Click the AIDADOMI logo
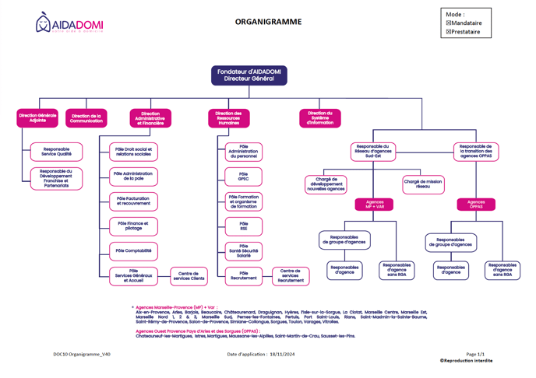pyautogui.click(x=69, y=23)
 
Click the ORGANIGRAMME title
pyautogui.click(x=268, y=22)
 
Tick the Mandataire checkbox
pyautogui.click(x=449, y=23)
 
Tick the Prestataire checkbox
pyautogui.click(x=449, y=32)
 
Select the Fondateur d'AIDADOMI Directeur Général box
pyautogui.click(x=249, y=75)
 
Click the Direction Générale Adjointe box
pyautogui.click(x=37, y=118)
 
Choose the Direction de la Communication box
pyautogui.click(x=86, y=118)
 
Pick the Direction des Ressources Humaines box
pyautogui.click(x=228, y=118)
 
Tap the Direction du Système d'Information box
pyautogui.click(x=319, y=118)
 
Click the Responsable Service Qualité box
pyautogui.click(x=57, y=152)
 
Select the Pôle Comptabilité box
pyautogui.click(x=133, y=251)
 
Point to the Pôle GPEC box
pyautogui.click(x=244, y=177)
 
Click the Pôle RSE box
pyautogui.click(x=244, y=226)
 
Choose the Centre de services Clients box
pyautogui.click(x=189, y=276)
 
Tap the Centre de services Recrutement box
pyautogui.click(x=291, y=276)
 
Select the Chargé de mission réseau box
pyautogui.click(x=424, y=184)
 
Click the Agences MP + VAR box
pyautogui.click(x=374, y=205)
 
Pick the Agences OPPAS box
pyautogui.click(x=476, y=205)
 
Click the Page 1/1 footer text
pyautogui.click(x=475, y=354)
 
